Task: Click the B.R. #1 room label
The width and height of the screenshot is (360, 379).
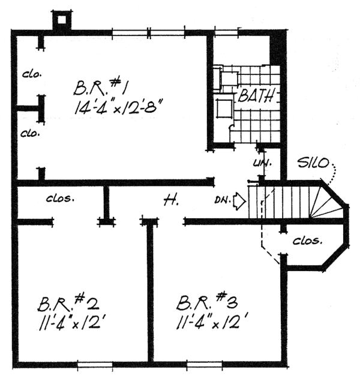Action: click(x=100, y=88)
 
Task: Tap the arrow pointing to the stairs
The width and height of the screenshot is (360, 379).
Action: click(x=239, y=201)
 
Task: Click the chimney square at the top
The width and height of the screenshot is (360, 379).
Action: click(x=61, y=20)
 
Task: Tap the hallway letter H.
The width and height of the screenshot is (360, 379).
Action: click(x=170, y=201)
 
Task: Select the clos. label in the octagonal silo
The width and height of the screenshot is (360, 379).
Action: click(x=308, y=242)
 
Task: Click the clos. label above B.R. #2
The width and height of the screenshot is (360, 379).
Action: click(x=60, y=197)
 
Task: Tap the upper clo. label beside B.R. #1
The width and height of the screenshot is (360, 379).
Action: click(x=31, y=74)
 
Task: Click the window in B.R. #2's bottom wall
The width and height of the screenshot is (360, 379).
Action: click(x=95, y=364)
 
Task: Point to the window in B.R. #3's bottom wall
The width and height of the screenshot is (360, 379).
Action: click(x=204, y=364)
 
